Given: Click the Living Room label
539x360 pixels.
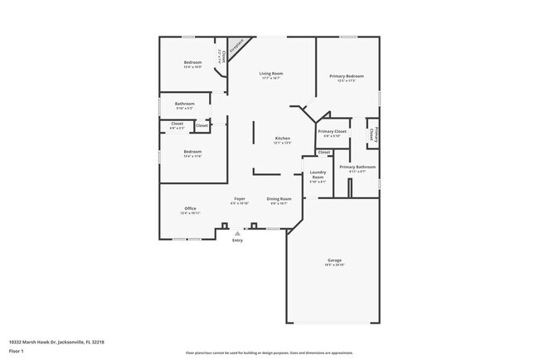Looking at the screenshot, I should [270, 73].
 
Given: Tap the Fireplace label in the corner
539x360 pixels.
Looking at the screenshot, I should [236, 46].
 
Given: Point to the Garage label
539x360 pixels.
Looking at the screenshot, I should [333, 261].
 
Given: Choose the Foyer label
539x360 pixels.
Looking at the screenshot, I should [239, 199].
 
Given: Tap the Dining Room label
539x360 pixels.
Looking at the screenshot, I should [279, 199].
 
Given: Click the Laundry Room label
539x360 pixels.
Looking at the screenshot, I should [318, 174].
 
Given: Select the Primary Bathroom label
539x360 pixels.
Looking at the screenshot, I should [357, 167].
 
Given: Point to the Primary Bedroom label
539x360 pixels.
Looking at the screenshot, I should [347, 75].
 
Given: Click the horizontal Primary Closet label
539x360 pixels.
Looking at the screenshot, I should [332, 131].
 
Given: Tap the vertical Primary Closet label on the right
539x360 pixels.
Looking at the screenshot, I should [373, 134].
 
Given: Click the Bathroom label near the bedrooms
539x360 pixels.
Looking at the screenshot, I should [184, 104].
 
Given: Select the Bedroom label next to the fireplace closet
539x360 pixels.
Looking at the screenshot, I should [192, 62].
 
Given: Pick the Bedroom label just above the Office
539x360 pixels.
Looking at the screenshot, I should [192, 151].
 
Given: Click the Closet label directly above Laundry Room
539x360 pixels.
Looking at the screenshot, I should [323, 153].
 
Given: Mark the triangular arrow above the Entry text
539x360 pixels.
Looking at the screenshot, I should [237, 234].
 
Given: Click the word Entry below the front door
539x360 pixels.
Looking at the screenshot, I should [237, 241].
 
